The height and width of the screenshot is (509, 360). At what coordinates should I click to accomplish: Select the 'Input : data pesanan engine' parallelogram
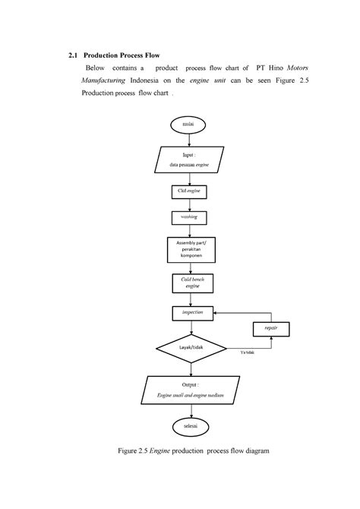point(192,160)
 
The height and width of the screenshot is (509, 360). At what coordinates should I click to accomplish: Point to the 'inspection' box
point(192,312)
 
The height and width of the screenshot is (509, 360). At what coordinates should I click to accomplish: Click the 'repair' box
point(271,328)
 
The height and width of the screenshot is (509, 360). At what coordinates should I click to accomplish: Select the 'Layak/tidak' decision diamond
point(192,347)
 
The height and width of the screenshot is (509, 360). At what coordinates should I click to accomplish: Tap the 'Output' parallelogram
point(192,392)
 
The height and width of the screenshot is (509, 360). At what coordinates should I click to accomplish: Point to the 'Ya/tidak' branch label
point(246,353)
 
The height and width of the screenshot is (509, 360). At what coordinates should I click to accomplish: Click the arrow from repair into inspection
point(235,312)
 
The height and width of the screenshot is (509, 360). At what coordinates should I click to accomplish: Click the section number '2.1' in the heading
point(73,55)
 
